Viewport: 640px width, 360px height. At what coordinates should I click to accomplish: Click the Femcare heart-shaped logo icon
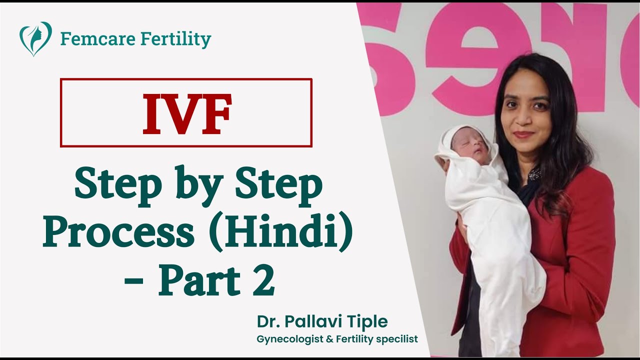(x=35, y=38)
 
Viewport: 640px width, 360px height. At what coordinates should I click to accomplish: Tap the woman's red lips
(x=523, y=134)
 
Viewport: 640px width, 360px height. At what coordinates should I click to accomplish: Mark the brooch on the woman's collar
(x=534, y=174)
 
